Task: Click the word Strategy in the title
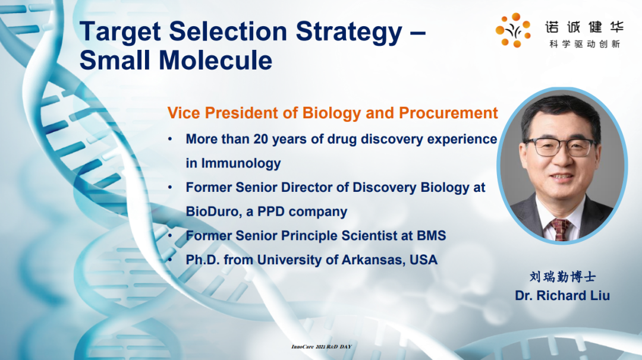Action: pyautogui.click(x=349, y=33)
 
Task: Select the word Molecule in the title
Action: pyautogui.click(x=215, y=60)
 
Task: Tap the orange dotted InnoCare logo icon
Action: pyautogui.click(x=513, y=30)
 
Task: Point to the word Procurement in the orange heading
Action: pyautogui.click(x=448, y=113)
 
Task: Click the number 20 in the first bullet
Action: pyautogui.click(x=261, y=139)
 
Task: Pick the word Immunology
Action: pyautogui.click(x=241, y=163)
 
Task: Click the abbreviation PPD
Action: pyautogui.click(x=270, y=211)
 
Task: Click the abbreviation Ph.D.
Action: pyautogui.click(x=203, y=260)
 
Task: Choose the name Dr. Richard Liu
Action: pyautogui.click(x=562, y=295)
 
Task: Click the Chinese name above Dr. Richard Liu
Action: pyautogui.click(x=562, y=277)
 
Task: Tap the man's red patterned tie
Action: pyautogui.click(x=560, y=229)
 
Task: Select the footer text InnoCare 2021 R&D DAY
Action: pyautogui.click(x=322, y=346)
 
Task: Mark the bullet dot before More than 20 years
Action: pyautogui.click(x=170, y=140)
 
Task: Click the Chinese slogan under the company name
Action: pyautogui.click(x=585, y=44)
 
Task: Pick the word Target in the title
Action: pyautogui.click(x=120, y=33)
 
